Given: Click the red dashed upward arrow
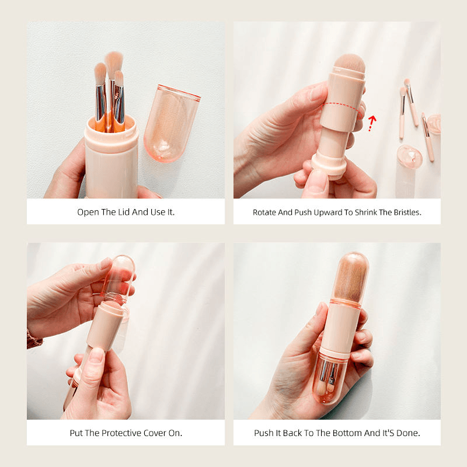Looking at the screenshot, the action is (371, 123).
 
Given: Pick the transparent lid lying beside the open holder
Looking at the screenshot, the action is (171, 123).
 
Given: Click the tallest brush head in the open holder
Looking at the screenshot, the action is (114, 64).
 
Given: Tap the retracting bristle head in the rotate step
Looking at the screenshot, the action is (350, 66).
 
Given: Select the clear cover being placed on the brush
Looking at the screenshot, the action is (119, 279).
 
